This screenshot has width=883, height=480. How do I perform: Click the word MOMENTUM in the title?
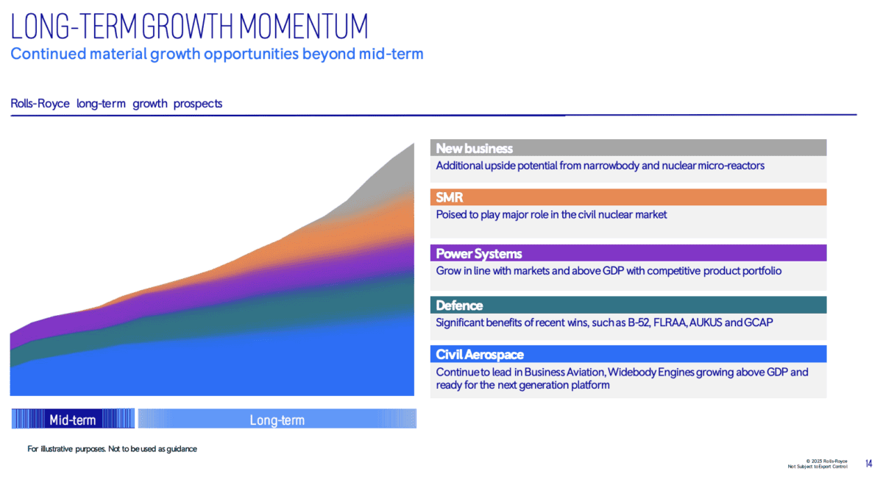303,27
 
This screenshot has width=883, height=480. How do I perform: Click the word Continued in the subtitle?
49,54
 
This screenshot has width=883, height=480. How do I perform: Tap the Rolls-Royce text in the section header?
40,103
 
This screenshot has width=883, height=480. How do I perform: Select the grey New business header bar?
628,148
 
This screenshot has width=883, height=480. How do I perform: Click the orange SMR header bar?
628,197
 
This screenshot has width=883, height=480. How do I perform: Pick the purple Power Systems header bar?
628,253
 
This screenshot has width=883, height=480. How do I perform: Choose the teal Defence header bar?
628,306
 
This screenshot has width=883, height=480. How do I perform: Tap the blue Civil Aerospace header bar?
628,354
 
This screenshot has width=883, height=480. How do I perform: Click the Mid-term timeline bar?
73,419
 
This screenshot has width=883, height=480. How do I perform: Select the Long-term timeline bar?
277,419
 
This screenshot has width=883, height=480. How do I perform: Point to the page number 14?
869,463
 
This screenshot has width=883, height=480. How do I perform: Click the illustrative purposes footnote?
112,449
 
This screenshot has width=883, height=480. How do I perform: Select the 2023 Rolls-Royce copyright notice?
826,461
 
